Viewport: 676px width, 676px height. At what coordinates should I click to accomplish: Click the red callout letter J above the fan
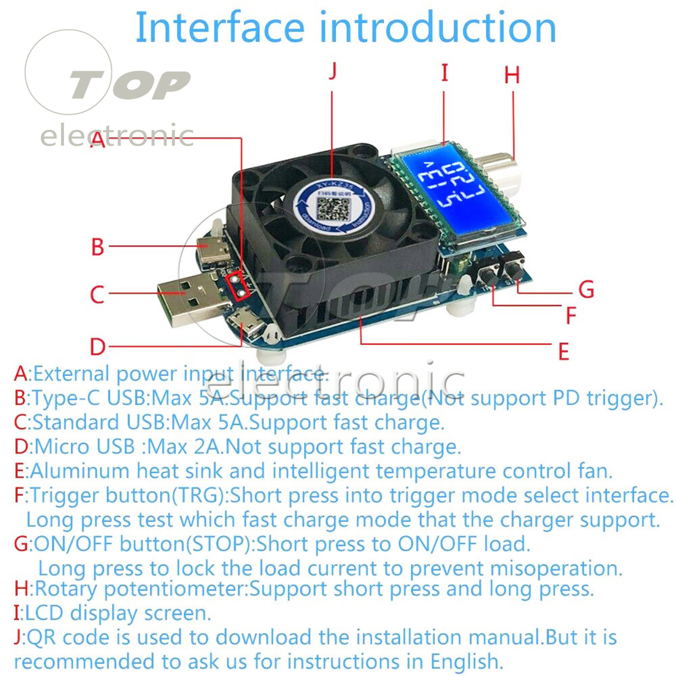[333, 71]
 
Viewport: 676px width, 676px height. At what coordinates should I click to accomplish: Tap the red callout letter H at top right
[512, 75]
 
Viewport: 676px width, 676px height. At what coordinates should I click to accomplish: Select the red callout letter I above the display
[444, 73]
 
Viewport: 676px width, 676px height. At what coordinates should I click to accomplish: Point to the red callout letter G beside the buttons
[586, 290]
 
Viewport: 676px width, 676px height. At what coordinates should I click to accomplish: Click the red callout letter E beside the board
[564, 352]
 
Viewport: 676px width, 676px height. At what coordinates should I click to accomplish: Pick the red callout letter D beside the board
[98, 347]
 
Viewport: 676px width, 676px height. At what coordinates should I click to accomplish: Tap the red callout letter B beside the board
[98, 247]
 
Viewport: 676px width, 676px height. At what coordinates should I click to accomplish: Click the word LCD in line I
[44, 613]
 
